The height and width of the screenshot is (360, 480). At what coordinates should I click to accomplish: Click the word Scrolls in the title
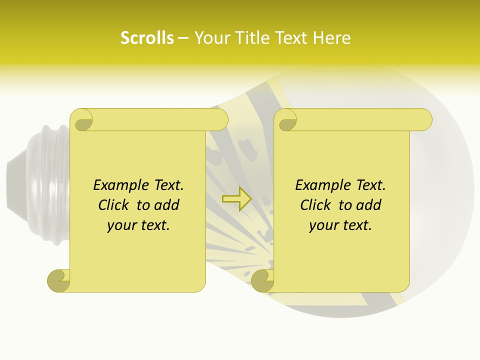click(147, 38)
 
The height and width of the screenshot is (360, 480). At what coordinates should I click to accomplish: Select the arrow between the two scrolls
click(236, 198)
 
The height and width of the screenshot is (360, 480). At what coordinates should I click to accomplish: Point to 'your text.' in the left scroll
click(138, 225)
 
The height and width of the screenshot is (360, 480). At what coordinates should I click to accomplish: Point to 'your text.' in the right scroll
click(340, 225)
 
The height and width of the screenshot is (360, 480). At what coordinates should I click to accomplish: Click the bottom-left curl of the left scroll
click(59, 280)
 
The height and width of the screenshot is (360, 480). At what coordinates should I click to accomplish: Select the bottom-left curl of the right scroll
click(262, 280)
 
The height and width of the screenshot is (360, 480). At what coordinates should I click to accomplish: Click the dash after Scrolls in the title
click(183, 38)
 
